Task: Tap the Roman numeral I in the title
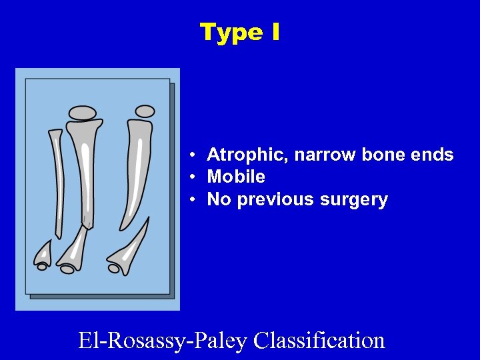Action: click(275, 32)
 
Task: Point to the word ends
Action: click(433, 155)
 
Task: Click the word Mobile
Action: click(236, 177)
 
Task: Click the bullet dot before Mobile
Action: click(191, 178)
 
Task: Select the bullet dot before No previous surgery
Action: click(191, 200)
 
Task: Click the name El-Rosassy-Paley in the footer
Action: click(164, 340)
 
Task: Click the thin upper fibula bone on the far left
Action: click(57, 180)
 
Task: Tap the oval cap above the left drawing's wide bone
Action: click(83, 113)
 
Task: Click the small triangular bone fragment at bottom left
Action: click(43, 252)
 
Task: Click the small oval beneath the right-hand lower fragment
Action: click(114, 269)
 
